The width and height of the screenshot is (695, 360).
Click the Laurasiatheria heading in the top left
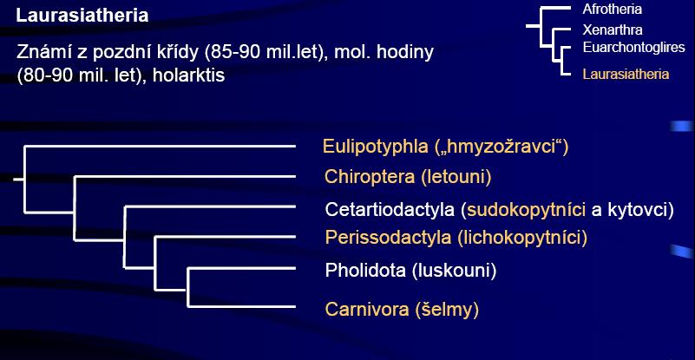pos(82,16)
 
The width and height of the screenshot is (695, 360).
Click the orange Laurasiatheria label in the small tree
pos(626,74)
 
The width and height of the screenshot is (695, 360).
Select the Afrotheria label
pos(612,10)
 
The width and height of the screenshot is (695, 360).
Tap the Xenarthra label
pos(612,30)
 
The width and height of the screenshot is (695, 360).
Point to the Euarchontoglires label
pos(634,47)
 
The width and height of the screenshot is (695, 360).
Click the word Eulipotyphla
pos(376,147)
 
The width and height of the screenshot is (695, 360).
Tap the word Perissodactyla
pos(388,238)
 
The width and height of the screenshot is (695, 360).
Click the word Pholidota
pos(365,271)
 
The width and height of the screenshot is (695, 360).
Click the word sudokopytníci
pos(527,210)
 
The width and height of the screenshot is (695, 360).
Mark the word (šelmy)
pos(447,310)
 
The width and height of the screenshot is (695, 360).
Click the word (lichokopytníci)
pos(522,239)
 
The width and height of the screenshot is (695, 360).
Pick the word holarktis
pos(188,75)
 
